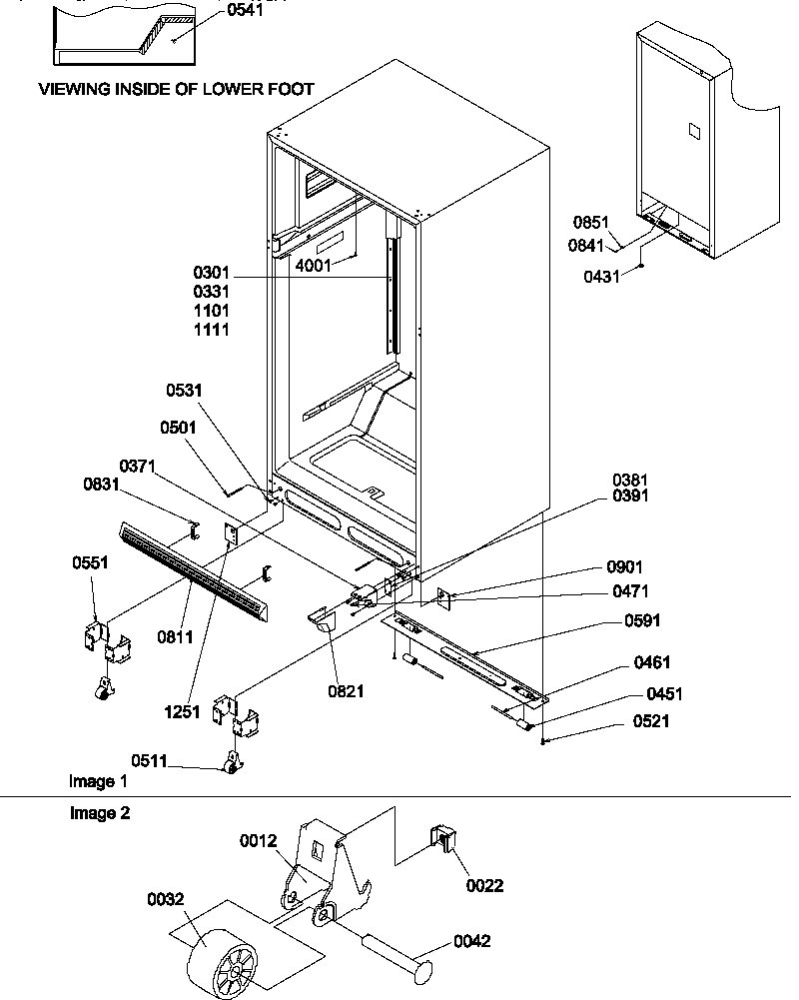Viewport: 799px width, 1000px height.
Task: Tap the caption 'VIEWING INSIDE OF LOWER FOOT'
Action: coord(176,89)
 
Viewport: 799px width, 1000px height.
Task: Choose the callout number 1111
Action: coord(212,329)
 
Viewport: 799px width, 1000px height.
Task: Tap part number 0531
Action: coord(183,391)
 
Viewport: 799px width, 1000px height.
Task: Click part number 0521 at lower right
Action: coord(650,721)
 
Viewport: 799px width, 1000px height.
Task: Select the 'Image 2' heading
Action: coord(99,813)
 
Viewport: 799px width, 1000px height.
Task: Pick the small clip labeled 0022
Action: coord(443,844)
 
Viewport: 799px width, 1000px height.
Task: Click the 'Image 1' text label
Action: coord(98,780)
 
